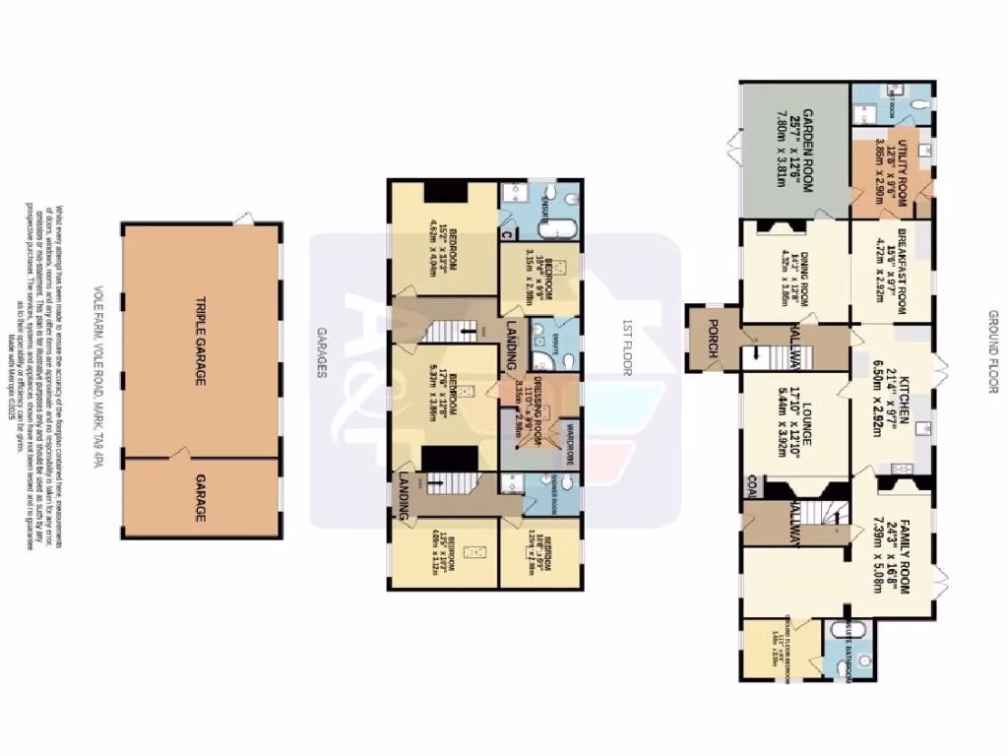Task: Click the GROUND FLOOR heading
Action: tap(993, 351)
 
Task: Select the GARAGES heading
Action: tap(322, 351)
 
